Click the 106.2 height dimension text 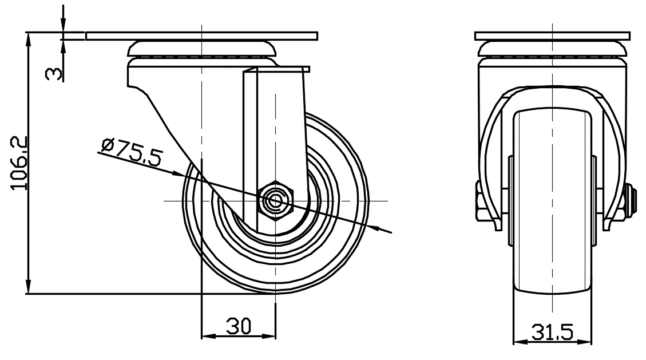coord(19,163)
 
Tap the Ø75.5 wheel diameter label coord(132,151)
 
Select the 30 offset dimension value coord(239,326)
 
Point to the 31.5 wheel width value coord(552,332)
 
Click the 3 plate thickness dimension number coord(53,74)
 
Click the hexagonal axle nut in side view coord(275,201)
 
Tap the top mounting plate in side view coord(202,36)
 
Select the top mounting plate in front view coord(552,36)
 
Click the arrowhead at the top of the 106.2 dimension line coord(29,39)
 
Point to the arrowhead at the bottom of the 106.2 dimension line coord(29,286)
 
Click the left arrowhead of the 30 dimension coord(209,336)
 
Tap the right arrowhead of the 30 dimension coord(268,336)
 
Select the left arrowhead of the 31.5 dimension coord(521,342)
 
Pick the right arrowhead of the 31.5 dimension coord(584,342)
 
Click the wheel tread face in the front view coord(552,202)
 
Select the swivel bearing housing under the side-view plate coord(202,49)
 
